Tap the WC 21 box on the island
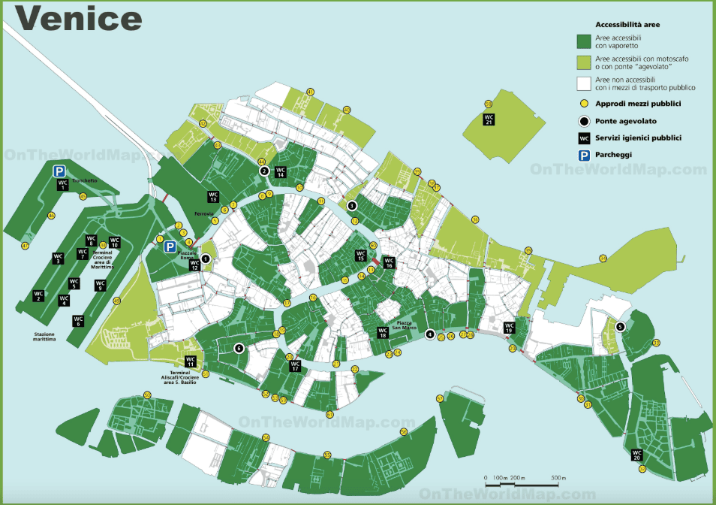[489, 119]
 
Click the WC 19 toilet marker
[508, 327]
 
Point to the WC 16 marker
[389, 263]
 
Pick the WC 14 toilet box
[280, 171]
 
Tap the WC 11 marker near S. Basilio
[191, 361]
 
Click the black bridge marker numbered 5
[620, 326]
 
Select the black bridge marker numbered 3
[351, 205]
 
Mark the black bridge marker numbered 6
[239, 347]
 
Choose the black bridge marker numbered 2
[264, 171]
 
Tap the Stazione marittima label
[45, 336]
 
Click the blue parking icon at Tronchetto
[59, 171]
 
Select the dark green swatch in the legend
[584, 41]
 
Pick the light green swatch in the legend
[584, 62]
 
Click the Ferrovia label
[205, 213]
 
